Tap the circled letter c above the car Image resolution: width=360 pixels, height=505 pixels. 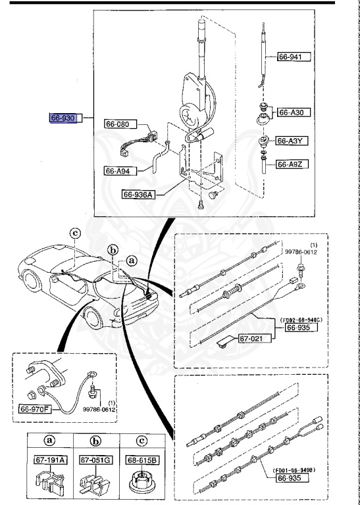75,232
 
